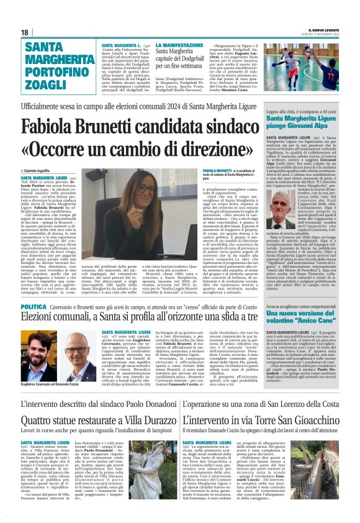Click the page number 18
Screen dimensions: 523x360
(x=25, y=32)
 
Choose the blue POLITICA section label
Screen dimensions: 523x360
(x=34, y=307)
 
